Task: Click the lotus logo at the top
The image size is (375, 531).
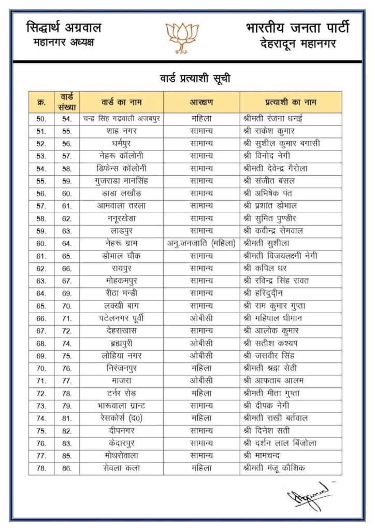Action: pyautogui.click(x=182, y=37)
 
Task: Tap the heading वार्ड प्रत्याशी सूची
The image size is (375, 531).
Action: pyautogui.click(x=195, y=79)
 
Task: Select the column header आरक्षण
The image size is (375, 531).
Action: pyautogui.click(x=201, y=102)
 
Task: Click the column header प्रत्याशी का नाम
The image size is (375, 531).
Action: pyautogui.click(x=290, y=102)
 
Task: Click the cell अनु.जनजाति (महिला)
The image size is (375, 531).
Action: pyautogui.click(x=201, y=243)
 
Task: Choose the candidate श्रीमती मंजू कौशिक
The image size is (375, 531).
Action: pyautogui.click(x=274, y=468)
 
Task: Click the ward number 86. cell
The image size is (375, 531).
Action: pyautogui.click(x=67, y=468)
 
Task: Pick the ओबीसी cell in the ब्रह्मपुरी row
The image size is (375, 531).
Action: pyautogui.click(x=201, y=343)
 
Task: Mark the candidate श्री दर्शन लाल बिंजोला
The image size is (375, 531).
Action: pyautogui.click(x=280, y=443)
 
